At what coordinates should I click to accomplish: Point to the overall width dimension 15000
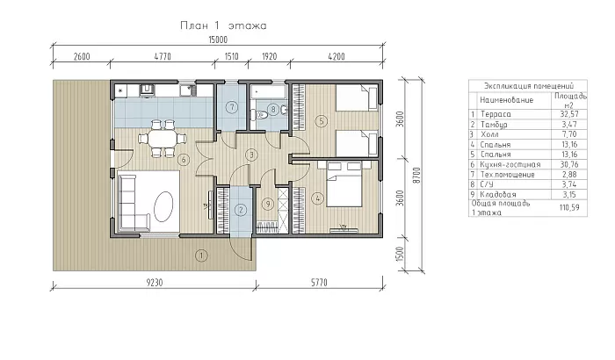pos(217,40)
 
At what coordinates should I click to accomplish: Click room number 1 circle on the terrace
pos(202,256)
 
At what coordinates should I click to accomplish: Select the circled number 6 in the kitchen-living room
pos(183,160)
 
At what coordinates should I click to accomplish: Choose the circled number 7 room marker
pos(231,108)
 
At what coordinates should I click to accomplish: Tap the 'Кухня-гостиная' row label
pos(504,163)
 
